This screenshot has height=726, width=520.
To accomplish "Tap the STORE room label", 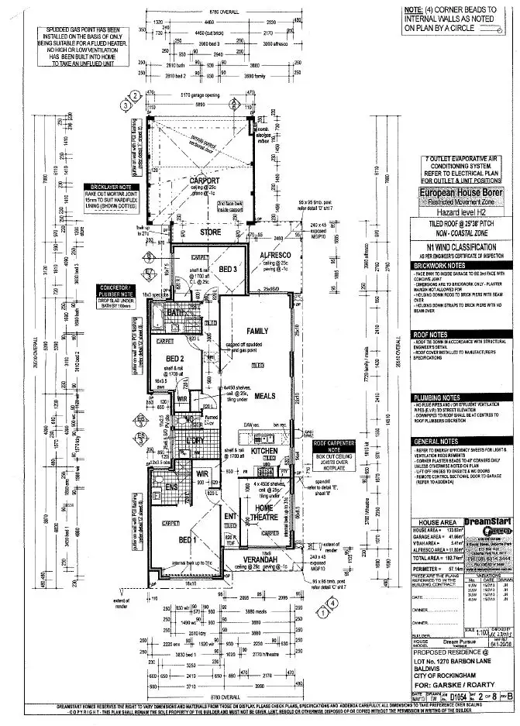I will [209, 231].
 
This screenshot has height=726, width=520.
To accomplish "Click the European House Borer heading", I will [461, 192].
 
